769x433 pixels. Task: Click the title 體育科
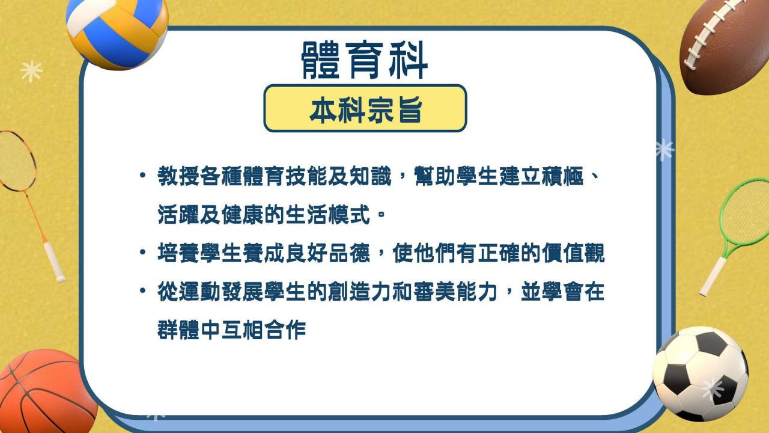tap(364, 61)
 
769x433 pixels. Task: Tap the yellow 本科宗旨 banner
tap(365, 108)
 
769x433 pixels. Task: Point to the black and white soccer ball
tap(701, 374)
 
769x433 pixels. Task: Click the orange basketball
tap(44, 392)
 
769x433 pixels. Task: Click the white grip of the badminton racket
tap(54, 262)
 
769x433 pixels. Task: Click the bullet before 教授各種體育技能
tap(143, 175)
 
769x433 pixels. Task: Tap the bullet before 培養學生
tap(143, 252)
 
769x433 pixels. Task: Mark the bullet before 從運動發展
tap(143, 290)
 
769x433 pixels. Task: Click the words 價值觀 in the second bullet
tap(573, 253)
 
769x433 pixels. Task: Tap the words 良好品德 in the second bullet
tap(328, 253)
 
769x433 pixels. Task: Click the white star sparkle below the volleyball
tap(32, 71)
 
